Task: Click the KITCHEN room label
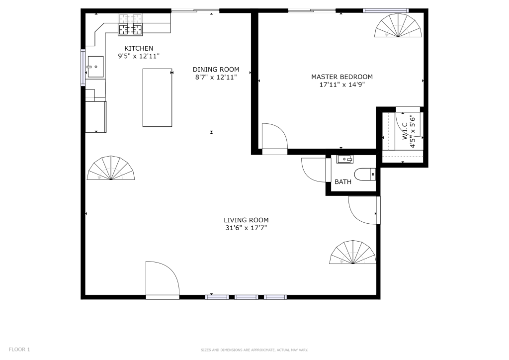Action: [139, 48]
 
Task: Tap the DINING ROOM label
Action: [216, 70]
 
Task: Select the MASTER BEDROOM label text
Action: [342, 77]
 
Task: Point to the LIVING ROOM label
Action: [246, 220]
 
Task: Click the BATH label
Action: [343, 182]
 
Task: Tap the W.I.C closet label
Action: [405, 131]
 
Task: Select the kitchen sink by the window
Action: [95, 67]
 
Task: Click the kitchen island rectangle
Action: [157, 97]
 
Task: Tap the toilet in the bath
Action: [365, 175]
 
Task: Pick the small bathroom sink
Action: [345, 160]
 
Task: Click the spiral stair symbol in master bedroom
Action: [398, 25]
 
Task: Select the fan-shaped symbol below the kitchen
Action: [111, 168]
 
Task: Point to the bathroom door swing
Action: [314, 170]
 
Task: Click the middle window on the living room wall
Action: [247, 297]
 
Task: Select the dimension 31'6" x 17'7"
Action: [246, 228]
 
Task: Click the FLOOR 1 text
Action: [19, 350]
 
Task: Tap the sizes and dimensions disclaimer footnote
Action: [254, 350]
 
